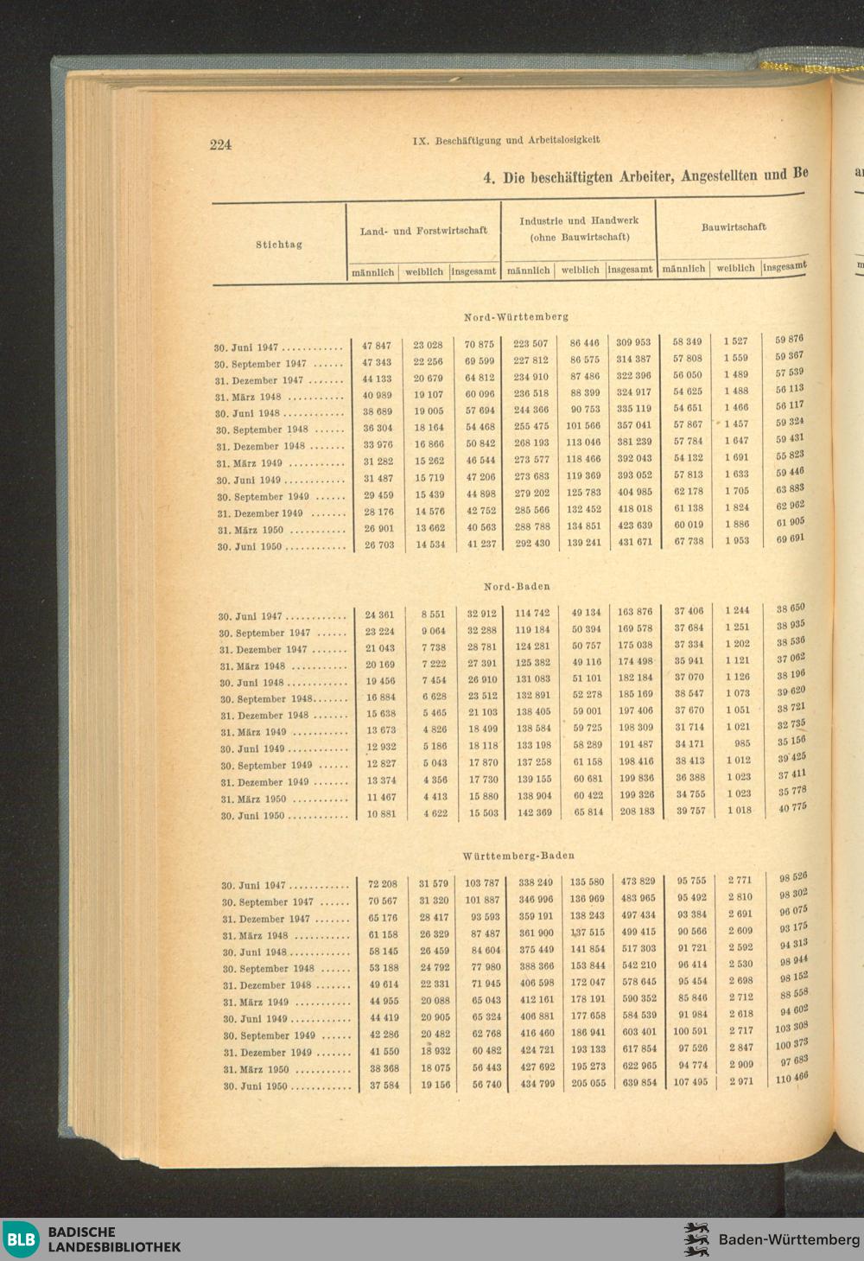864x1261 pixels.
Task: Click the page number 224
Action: click(x=220, y=144)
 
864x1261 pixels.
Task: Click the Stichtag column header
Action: click(x=278, y=245)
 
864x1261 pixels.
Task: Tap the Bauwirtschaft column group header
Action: click(x=733, y=227)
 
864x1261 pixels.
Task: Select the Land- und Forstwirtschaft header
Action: click(x=423, y=231)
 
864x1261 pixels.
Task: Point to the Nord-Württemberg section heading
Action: click(x=516, y=316)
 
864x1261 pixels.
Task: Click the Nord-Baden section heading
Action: click(x=517, y=586)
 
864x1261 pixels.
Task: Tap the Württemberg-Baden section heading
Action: click(x=518, y=856)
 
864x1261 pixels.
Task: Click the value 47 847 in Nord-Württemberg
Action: click(x=377, y=346)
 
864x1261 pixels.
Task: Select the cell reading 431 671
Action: click(x=634, y=542)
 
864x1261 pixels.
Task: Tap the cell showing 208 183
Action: click(x=636, y=812)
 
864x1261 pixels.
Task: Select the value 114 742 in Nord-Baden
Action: click(x=532, y=613)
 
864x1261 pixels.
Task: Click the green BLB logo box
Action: click(x=22, y=1239)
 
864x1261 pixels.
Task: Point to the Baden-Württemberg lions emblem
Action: click(x=697, y=1239)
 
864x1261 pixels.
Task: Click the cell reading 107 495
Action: click(x=689, y=1082)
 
